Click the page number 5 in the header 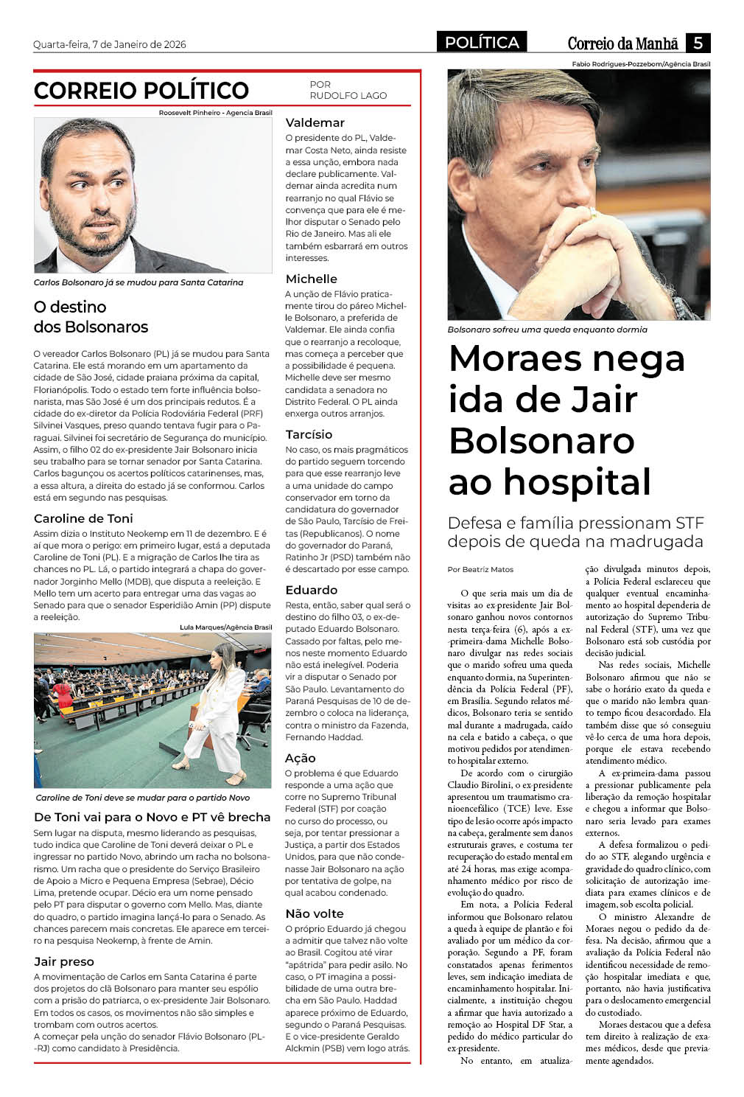[x=697, y=43]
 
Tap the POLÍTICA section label [x=482, y=43]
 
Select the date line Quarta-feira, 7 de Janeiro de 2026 [x=110, y=44]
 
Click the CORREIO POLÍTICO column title [x=141, y=91]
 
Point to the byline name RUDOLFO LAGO [x=348, y=96]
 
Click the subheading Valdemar [x=315, y=122]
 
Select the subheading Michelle [x=311, y=279]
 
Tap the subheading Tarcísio [x=309, y=434]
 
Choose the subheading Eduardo [x=311, y=590]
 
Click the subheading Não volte [x=314, y=913]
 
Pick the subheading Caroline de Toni [x=83, y=518]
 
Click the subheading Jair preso [x=64, y=961]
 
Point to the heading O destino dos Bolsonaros [x=91, y=317]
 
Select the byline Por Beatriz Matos [x=480, y=569]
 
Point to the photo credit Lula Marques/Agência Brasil [x=225, y=627]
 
